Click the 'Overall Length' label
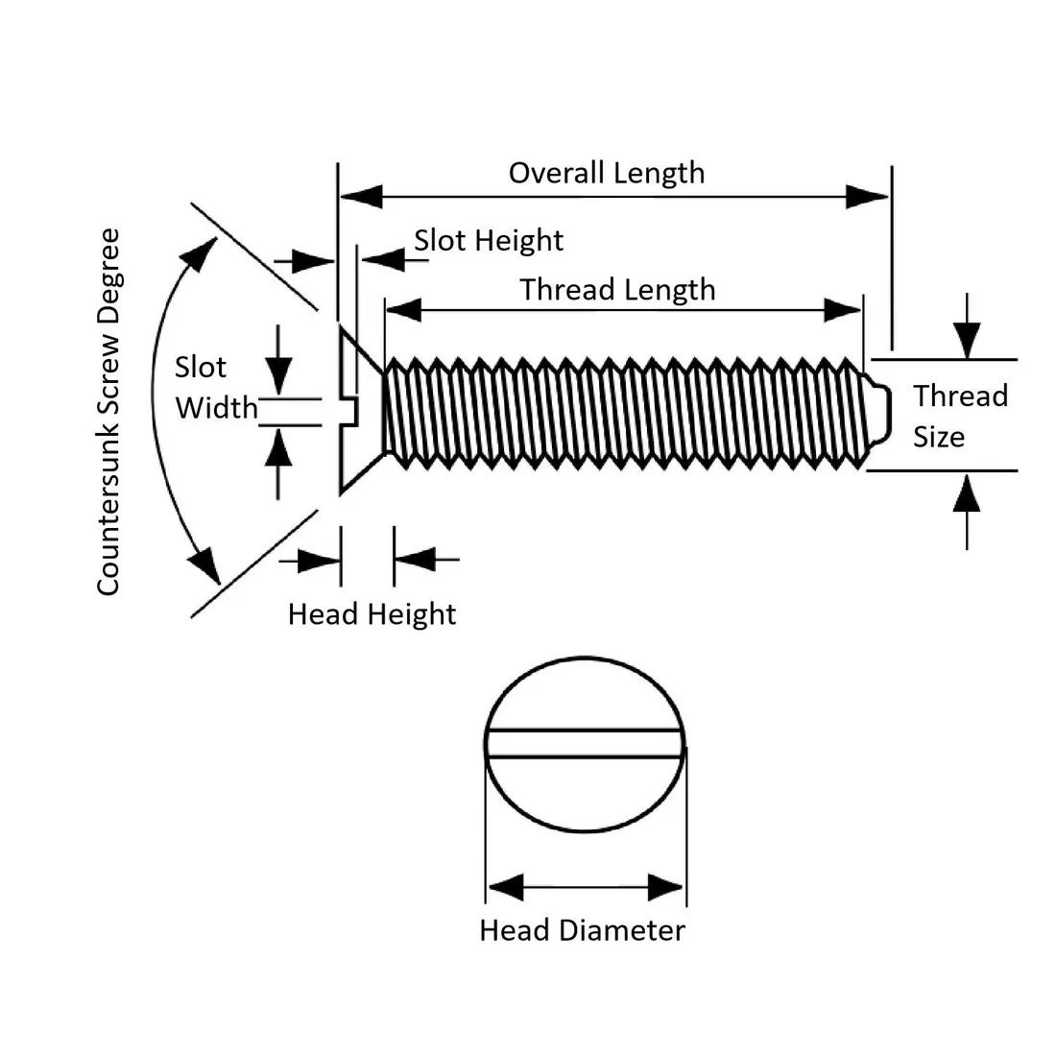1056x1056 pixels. [606, 173]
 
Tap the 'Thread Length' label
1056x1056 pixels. [617, 290]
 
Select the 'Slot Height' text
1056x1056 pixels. [489, 240]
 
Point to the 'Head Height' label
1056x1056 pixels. [372, 613]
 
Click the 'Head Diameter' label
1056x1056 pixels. [582, 930]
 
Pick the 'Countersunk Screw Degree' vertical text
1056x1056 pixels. [109, 411]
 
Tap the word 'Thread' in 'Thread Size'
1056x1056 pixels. [960, 396]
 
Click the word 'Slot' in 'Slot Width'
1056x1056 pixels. [200, 368]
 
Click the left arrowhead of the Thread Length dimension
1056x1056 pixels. [403, 310]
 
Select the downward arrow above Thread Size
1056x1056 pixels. [967, 339]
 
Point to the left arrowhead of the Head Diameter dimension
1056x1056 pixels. [505, 886]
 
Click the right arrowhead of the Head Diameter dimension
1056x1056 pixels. [666, 886]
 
